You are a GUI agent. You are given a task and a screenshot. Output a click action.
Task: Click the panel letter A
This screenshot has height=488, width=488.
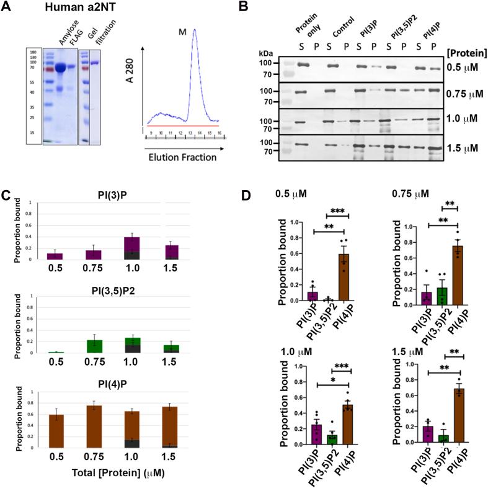click(x=8, y=8)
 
